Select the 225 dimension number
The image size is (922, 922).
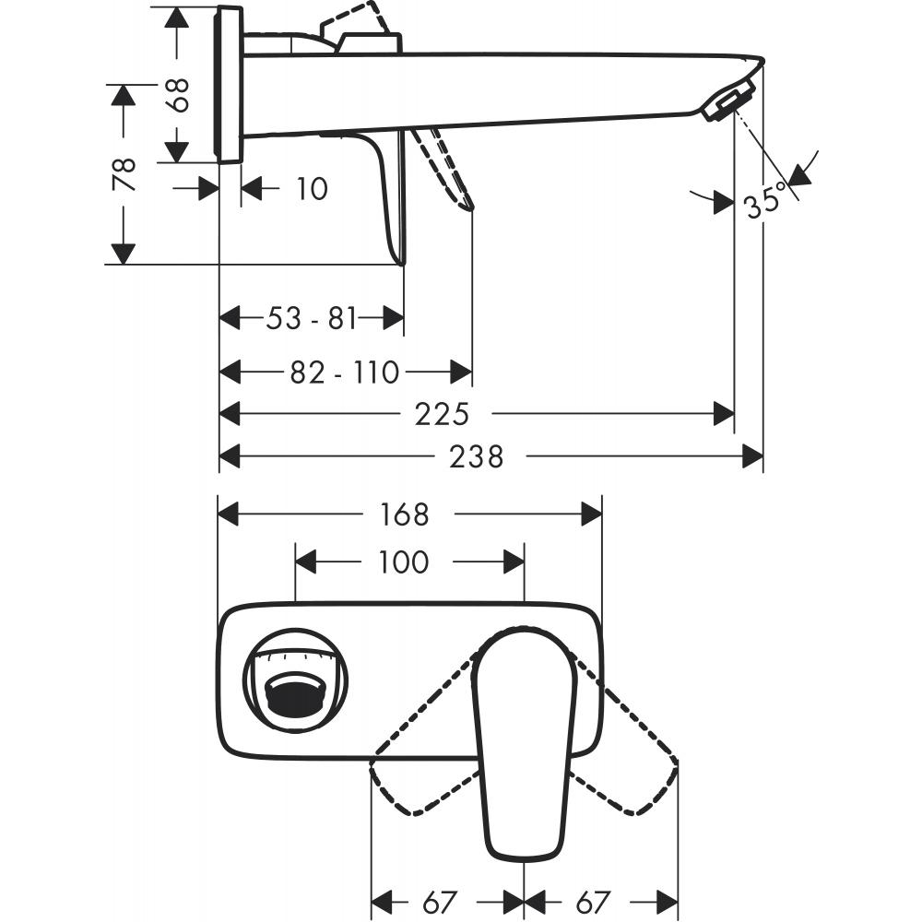click(442, 414)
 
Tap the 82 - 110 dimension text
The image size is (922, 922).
click(345, 372)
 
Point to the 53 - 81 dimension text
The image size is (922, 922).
click(311, 319)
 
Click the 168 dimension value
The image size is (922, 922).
click(405, 514)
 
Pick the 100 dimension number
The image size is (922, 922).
click(403, 561)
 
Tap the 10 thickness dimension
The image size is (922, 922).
click(312, 189)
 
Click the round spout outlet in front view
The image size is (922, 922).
click(294, 691)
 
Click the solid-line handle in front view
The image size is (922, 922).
click(522, 738)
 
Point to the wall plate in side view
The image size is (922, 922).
click(230, 84)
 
